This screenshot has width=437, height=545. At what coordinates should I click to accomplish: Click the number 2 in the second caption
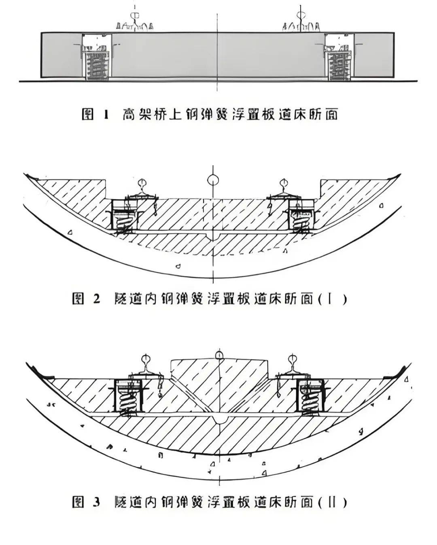click(x=96, y=299)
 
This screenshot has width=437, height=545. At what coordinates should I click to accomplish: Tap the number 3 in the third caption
click(x=96, y=502)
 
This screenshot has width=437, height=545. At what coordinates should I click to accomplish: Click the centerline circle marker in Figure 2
click(x=212, y=179)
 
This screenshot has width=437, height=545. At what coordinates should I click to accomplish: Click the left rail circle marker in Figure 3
click(x=145, y=358)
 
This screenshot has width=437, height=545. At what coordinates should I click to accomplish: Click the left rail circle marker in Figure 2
click(x=141, y=182)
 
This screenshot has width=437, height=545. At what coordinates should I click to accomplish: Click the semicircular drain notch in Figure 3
click(x=219, y=419)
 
